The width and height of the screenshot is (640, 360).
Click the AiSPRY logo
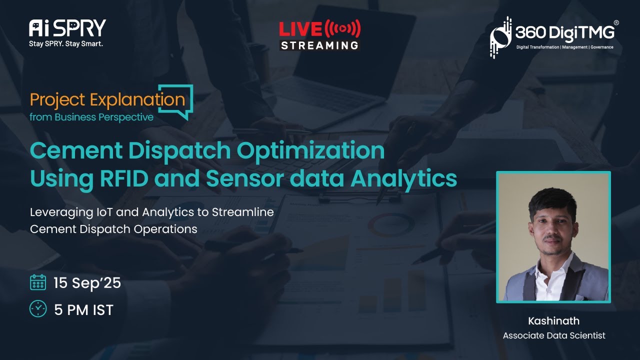tap(67, 28)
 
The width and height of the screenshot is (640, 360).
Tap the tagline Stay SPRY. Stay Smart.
tap(66, 43)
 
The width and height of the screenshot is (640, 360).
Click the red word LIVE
tap(300, 29)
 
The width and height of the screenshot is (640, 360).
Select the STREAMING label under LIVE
tap(319, 45)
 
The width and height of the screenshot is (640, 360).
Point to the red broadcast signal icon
tap(342, 28)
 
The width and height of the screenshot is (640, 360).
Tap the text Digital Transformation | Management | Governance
tap(564, 47)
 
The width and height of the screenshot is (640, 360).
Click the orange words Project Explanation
tap(107, 99)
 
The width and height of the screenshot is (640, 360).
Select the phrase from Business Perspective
tap(91, 117)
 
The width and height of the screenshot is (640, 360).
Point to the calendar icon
tap(38, 282)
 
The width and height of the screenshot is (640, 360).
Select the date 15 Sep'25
tap(87, 283)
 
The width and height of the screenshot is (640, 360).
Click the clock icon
tap(38, 309)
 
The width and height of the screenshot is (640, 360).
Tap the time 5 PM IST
tap(83, 310)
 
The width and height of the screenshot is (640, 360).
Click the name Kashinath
tap(553, 321)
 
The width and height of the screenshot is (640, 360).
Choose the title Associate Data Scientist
tap(554, 335)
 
